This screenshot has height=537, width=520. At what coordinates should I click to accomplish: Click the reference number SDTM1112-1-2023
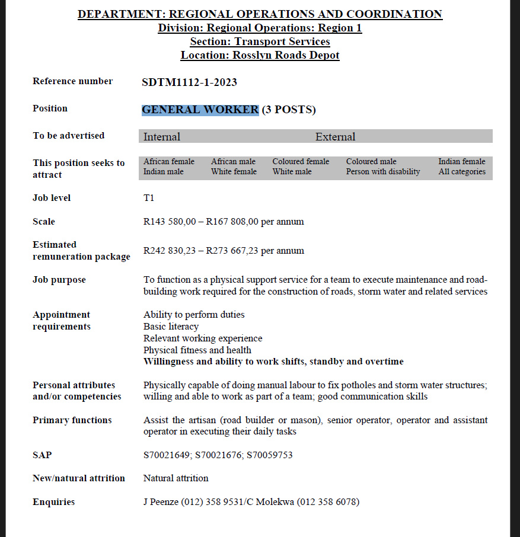[189, 82]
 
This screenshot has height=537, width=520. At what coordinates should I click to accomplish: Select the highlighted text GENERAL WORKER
[200, 110]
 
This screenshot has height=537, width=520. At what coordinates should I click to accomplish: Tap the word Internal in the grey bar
[162, 137]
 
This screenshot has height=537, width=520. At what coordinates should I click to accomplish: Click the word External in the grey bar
[335, 137]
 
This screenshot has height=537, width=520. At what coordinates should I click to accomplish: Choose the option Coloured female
[301, 161]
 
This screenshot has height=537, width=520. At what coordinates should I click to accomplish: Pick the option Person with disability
[383, 172]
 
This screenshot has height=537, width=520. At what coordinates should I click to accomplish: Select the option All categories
[462, 172]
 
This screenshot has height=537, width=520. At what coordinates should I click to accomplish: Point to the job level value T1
[149, 198]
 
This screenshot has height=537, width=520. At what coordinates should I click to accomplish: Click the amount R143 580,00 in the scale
[170, 222]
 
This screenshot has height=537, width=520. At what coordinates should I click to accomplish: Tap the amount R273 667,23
[232, 251]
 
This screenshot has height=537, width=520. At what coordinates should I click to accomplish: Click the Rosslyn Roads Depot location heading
[260, 55]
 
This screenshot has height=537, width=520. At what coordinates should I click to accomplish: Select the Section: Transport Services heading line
[260, 41]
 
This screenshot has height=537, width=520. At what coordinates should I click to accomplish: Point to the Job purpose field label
[59, 280]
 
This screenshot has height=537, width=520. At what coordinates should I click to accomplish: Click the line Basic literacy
[171, 327]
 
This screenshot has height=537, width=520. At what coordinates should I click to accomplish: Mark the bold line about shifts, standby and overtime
[273, 362]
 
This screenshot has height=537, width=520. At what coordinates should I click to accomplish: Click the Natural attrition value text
[176, 478]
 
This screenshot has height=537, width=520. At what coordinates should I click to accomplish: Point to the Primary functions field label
[72, 420]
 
